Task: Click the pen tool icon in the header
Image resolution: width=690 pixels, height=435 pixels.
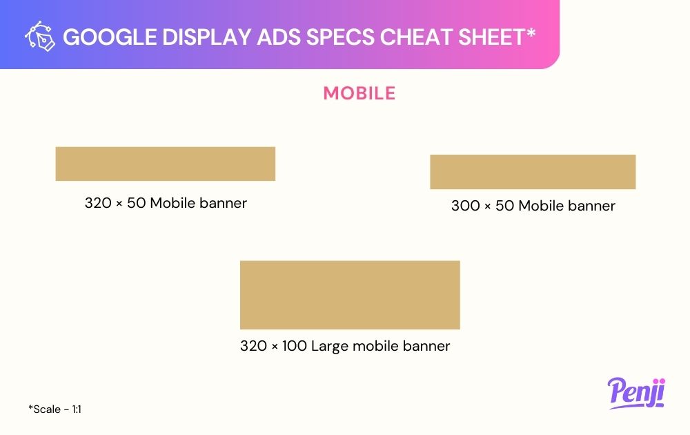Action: (x=40, y=36)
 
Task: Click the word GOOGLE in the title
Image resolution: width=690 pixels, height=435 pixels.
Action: (x=110, y=37)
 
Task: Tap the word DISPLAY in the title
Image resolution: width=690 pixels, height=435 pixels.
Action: (x=207, y=37)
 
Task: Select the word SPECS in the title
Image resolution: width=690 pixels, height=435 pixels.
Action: (x=340, y=37)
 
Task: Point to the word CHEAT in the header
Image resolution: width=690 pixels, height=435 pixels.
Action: (x=416, y=37)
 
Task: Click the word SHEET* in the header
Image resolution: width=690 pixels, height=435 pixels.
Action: (x=497, y=37)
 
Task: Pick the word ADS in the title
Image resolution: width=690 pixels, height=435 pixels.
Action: (x=279, y=37)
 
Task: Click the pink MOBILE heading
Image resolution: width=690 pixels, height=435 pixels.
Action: (x=359, y=93)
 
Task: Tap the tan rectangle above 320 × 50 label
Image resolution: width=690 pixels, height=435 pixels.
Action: (x=166, y=164)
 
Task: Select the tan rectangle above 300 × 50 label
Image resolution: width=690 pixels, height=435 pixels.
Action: (x=533, y=172)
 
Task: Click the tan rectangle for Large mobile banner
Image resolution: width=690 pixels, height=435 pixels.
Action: (x=350, y=295)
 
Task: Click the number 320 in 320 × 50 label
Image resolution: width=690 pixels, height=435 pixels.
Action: (x=98, y=203)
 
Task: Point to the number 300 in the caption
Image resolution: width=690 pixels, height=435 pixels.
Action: (x=465, y=206)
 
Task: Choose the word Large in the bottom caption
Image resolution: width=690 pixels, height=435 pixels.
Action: (x=330, y=347)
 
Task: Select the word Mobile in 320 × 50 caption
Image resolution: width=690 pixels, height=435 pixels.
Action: (x=172, y=203)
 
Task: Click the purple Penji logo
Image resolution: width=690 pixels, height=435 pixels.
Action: (x=636, y=393)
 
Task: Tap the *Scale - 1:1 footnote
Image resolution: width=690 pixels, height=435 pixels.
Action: (x=55, y=409)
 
